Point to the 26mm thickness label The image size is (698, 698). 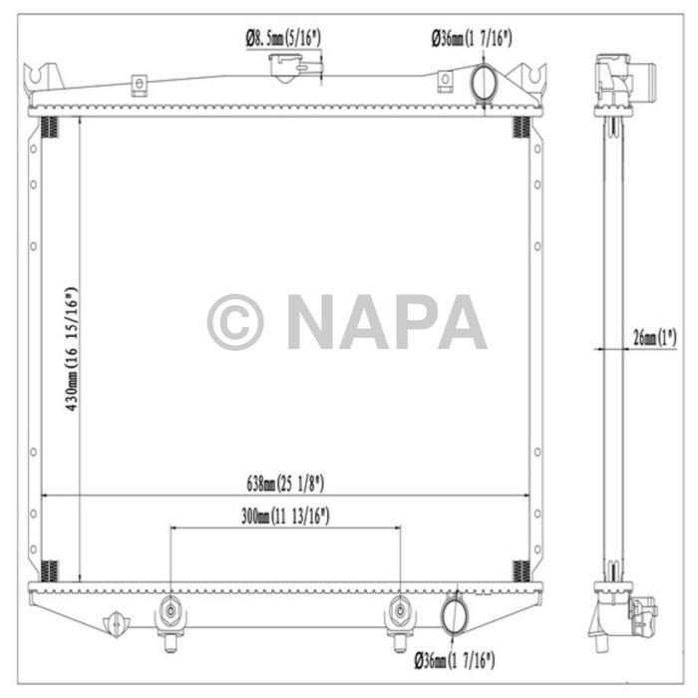[654, 338]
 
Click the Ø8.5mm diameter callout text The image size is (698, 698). [284, 39]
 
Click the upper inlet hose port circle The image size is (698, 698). [484, 83]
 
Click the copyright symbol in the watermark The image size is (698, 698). [234, 322]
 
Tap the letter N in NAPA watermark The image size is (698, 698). [317, 322]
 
